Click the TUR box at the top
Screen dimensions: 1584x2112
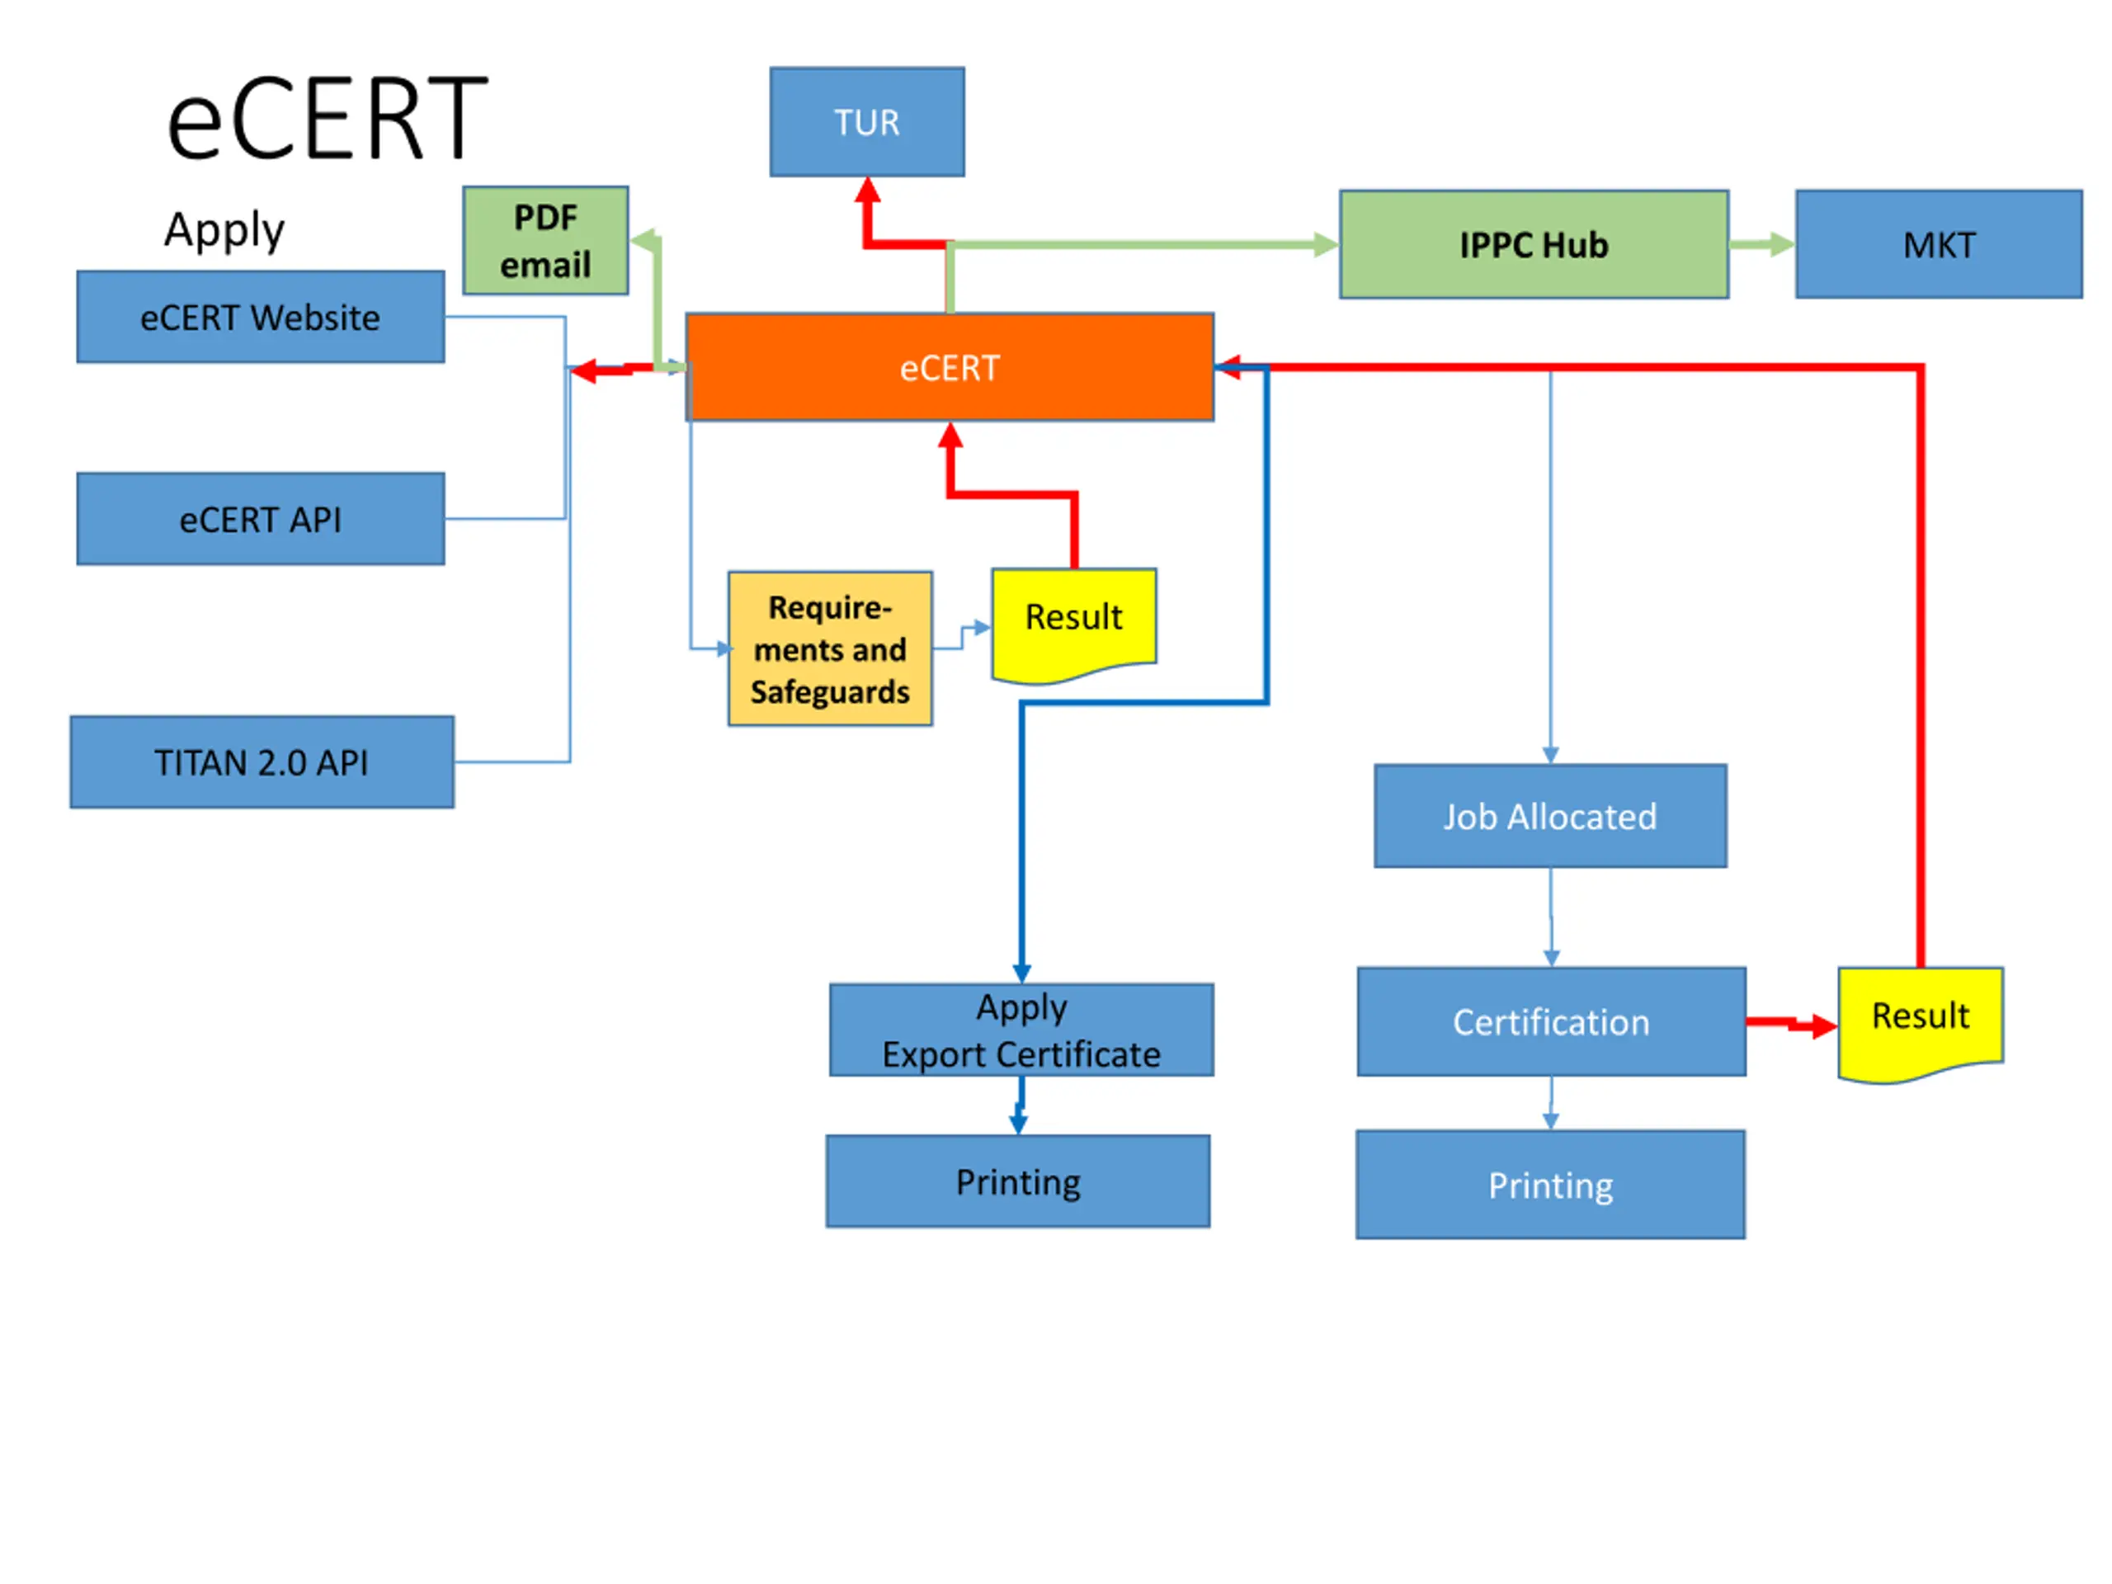867,121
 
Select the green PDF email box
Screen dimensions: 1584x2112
545,241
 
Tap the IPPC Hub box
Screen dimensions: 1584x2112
1534,244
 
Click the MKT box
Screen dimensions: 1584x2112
1938,244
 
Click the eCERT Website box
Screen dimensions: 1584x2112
260,317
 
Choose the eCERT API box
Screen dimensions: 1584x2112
260,520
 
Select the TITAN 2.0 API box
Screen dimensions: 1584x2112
262,762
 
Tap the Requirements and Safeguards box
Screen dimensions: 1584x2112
830,649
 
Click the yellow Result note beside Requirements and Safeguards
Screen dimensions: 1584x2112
1074,619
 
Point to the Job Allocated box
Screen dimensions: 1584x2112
1549,817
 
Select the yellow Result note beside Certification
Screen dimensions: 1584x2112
1920,1018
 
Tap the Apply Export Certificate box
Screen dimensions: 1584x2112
1021,1030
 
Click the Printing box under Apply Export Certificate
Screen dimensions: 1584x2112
1018,1181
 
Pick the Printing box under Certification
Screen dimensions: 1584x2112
1550,1185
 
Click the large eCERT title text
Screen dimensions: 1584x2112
327,119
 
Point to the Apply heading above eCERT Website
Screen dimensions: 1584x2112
224,230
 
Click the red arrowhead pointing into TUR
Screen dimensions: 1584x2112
867,190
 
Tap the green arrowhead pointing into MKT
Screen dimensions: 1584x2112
1782,244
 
